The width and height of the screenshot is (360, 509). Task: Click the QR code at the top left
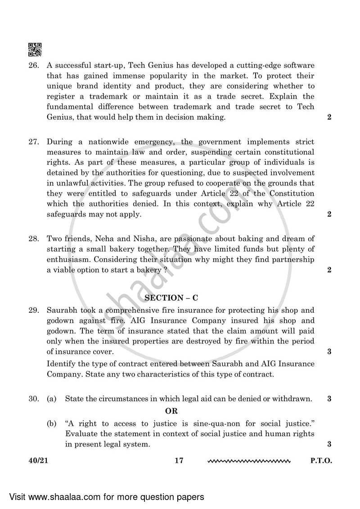pyautogui.click(x=35, y=50)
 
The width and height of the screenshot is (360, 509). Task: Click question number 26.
pyautogui.click(x=33, y=66)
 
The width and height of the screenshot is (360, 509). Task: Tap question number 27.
pyautogui.click(x=33, y=141)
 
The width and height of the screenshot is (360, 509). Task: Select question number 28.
pyautogui.click(x=33, y=238)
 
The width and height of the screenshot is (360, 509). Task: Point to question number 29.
pyautogui.click(x=33, y=311)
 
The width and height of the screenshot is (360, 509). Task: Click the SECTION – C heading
pyautogui.click(x=171, y=298)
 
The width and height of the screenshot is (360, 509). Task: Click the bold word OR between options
pyautogui.click(x=171, y=411)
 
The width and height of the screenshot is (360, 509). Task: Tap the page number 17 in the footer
pyautogui.click(x=179, y=461)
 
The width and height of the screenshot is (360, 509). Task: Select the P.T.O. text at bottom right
pyautogui.click(x=321, y=461)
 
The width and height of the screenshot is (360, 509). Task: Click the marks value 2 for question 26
pyautogui.click(x=329, y=117)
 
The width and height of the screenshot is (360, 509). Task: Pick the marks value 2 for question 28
pyautogui.click(x=329, y=270)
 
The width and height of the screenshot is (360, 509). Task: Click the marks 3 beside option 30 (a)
pyautogui.click(x=329, y=399)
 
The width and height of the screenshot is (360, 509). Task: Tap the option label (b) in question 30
pyautogui.click(x=52, y=424)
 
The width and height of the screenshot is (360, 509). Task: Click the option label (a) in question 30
pyautogui.click(x=52, y=399)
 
